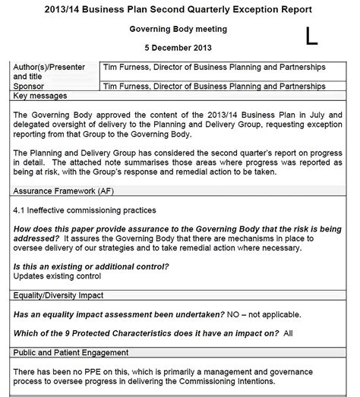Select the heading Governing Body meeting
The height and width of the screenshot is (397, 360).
pyautogui.click(x=180, y=29)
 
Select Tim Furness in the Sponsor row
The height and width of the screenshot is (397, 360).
pyautogui.click(x=131, y=87)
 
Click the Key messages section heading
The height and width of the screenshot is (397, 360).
pyautogui.click(x=40, y=96)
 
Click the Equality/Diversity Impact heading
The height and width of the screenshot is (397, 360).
pyautogui.click(x=58, y=295)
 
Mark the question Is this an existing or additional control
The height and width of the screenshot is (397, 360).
pyautogui.click(x=91, y=266)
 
